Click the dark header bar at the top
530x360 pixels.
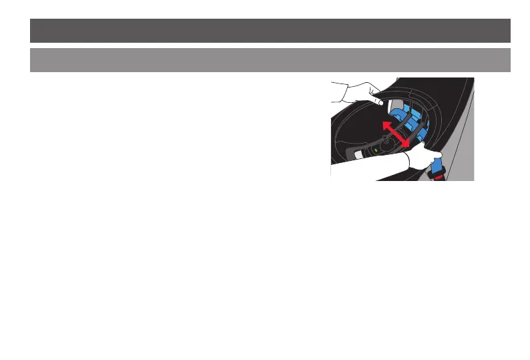click(270, 30)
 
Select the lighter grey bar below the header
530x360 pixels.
click(270, 59)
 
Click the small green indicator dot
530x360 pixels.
click(376, 150)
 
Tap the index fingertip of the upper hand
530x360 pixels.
click(380, 103)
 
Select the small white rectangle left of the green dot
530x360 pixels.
click(358, 154)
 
